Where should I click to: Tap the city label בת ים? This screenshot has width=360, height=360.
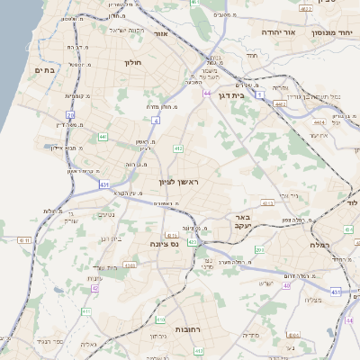[x=45, y=69]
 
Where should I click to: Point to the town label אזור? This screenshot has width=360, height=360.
[x=162, y=33]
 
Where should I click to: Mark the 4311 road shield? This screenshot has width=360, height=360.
[x=24, y=241]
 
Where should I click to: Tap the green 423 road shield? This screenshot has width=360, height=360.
[x=192, y=242]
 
